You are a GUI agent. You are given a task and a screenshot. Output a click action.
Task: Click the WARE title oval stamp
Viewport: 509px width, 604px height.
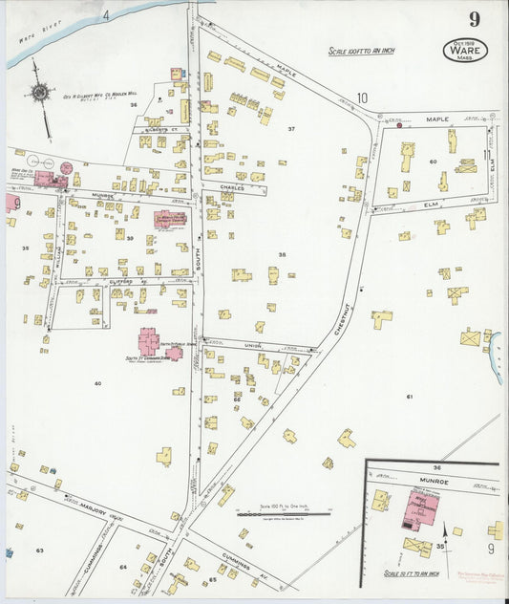(x=464, y=50)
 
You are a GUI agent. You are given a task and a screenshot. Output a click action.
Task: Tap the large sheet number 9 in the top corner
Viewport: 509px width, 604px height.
(x=474, y=19)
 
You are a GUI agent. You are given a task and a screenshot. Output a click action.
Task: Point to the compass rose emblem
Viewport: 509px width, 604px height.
(x=39, y=93)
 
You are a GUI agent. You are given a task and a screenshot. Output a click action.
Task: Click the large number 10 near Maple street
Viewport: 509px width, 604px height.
(x=362, y=97)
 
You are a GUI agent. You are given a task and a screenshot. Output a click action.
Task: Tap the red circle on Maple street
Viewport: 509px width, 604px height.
(x=399, y=124)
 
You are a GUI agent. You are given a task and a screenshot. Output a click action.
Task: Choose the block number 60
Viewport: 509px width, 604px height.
(x=433, y=162)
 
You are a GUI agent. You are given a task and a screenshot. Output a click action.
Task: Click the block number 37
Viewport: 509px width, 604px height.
(x=292, y=128)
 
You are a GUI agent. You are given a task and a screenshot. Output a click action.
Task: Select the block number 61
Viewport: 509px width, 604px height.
(x=410, y=396)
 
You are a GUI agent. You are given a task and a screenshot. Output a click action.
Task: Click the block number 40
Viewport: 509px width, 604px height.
(x=97, y=382)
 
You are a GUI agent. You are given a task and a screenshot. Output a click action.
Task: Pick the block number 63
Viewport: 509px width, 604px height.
(x=40, y=550)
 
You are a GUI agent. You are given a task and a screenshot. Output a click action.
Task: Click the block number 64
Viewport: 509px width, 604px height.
(x=123, y=568)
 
